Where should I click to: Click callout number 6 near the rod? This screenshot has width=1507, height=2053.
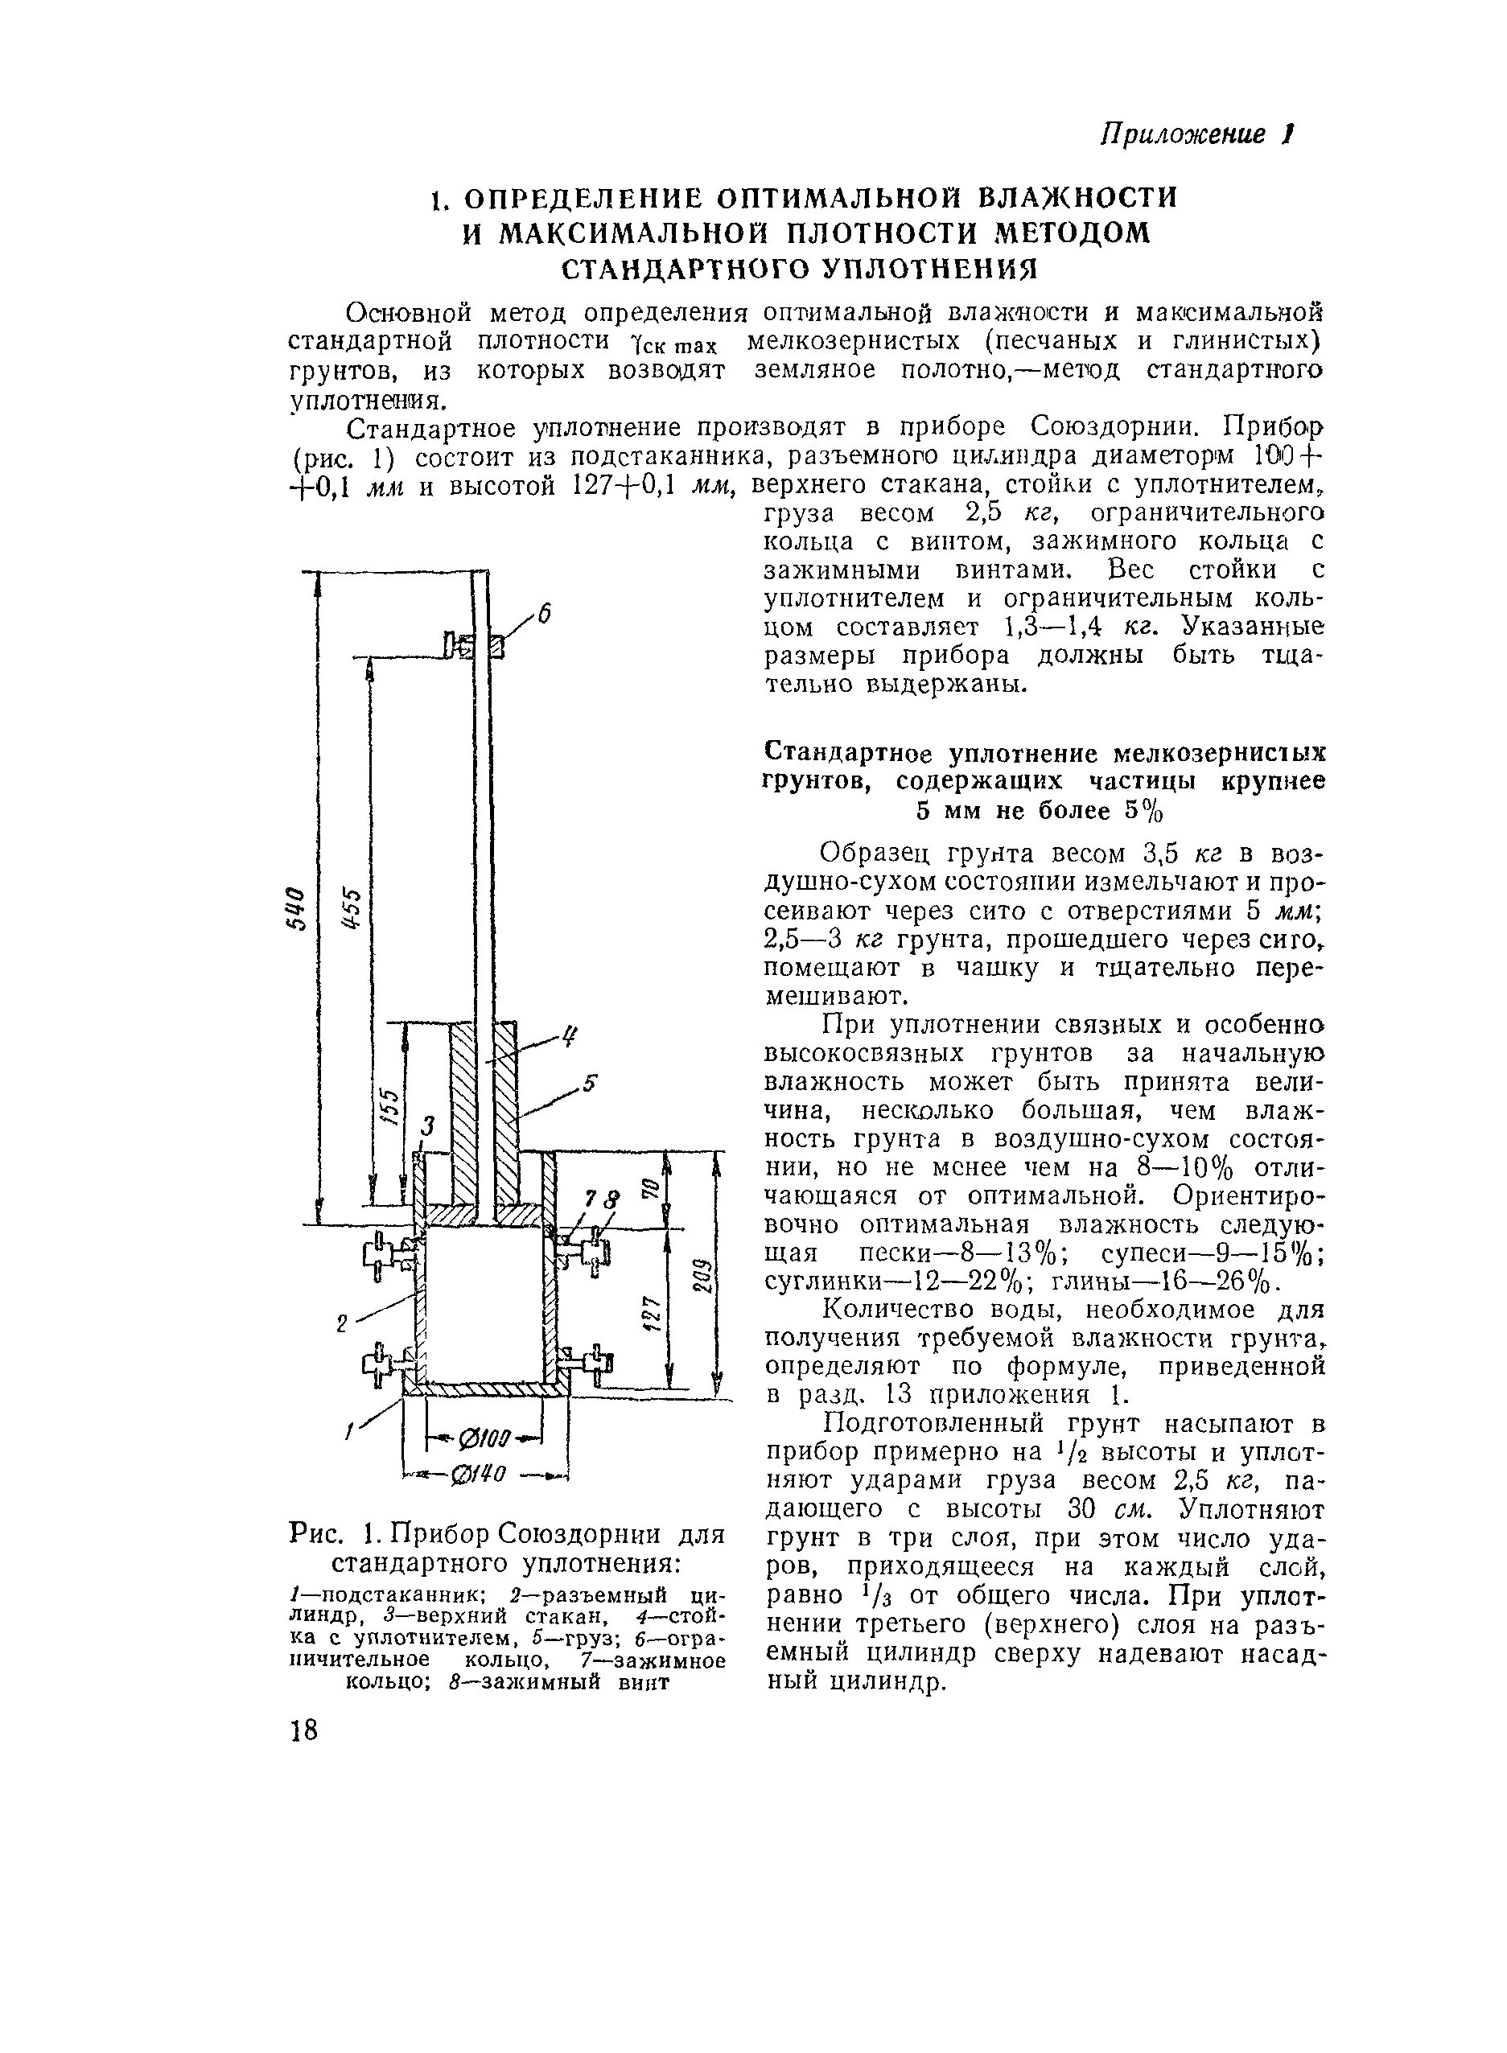[x=544, y=615]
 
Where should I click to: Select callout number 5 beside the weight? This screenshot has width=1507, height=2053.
[x=591, y=1084]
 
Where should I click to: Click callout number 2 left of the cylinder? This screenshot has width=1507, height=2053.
[x=341, y=1324]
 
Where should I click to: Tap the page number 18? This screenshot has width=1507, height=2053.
[x=304, y=1730]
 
